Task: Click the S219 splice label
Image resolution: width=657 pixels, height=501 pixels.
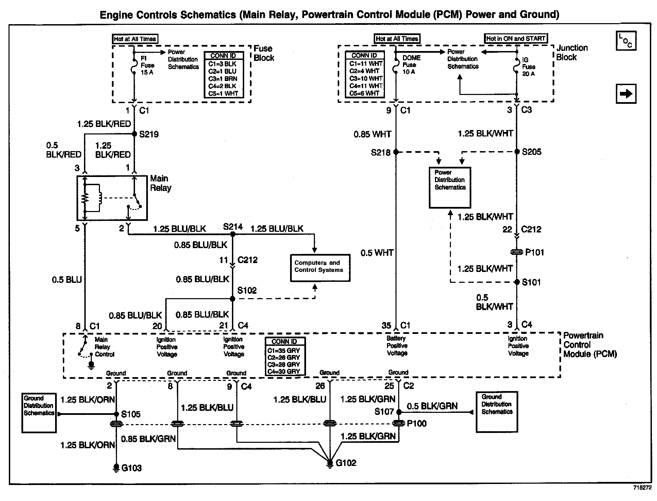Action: tap(149, 134)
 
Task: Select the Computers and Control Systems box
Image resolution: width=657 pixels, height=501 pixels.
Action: tap(320, 268)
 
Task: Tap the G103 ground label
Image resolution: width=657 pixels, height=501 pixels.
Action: tap(131, 468)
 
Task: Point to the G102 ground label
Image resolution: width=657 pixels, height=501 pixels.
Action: tap(346, 463)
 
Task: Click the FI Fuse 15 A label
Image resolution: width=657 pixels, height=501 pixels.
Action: tap(147, 65)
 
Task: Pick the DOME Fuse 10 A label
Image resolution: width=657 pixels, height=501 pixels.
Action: tap(411, 65)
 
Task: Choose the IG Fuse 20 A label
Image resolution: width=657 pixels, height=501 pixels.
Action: tap(528, 67)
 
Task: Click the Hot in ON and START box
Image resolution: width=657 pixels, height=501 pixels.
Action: tap(516, 38)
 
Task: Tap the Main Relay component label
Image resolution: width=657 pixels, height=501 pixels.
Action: tap(161, 183)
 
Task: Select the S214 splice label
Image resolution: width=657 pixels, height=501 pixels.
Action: tap(233, 227)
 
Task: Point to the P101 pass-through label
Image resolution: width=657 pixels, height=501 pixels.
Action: tap(535, 252)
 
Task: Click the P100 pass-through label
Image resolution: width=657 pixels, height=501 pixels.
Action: tap(417, 423)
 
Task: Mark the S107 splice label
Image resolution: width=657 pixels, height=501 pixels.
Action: tap(384, 412)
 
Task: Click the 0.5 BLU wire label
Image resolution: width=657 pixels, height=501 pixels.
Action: tap(67, 280)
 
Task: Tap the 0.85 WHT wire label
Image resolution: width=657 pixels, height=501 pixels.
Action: tap(372, 134)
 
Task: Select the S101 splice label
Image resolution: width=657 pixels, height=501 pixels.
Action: tap(531, 282)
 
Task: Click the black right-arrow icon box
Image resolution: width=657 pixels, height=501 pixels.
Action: tap(626, 94)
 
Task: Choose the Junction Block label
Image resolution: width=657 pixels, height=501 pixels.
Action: tap(572, 52)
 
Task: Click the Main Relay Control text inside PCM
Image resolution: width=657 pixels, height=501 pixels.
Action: tap(104, 347)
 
